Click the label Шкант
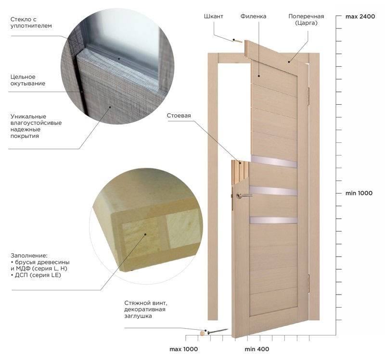click(213, 16)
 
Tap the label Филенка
click(253, 16)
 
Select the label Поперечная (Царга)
click(306, 20)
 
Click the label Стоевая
click(179, 115)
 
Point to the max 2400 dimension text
click(360, 16)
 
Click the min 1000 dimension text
click(359, 193)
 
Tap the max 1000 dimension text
click(183, 349)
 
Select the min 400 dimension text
click(257, 349)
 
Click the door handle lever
click(244, 196)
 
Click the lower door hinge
click(308, 283)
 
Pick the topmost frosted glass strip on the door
click(274, 161)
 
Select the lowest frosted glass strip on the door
click(273, 220)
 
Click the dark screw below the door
click(218, 331)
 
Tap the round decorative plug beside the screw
click(203, 333)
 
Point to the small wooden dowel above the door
click(238, 41)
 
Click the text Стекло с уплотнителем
click(31, 23)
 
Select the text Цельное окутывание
click(28, 80)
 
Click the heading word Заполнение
click(29, 256)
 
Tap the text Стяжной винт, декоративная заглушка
click(146, 309)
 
